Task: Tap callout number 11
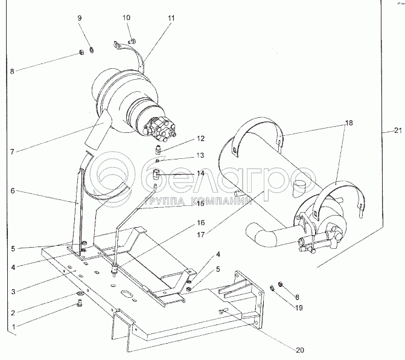click(x=171, y=18)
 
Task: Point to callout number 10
click(x=127, y=18)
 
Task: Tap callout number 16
click(x=200, y=222)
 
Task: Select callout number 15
click(x=200, y=204)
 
